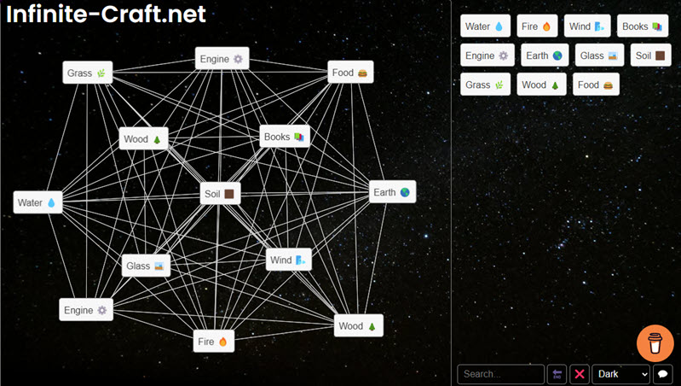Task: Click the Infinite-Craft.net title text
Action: tap(106, 14)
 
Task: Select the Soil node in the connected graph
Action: tap(220, 194)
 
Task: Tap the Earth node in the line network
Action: tap(392, 192)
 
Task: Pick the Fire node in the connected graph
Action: tap(214, 342)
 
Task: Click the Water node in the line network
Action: tap(38, 202)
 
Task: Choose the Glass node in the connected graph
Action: tap(146, 266)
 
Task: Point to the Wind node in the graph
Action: tap(288, 260)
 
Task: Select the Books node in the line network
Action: tap(285, 137)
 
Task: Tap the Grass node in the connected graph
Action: tap(87, 73)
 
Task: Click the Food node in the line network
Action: tap(350, 73)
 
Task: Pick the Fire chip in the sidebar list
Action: tap(537, 26)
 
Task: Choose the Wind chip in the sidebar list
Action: tap(587, 26)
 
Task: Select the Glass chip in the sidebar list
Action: tap(599, 56)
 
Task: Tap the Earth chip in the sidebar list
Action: tap(545, 56)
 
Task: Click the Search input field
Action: tap(501, 374)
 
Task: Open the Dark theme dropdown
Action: tap(621, 374)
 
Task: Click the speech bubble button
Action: tap(663, 374)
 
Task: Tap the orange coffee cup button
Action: tap(655, 343)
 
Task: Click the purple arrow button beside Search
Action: tap(557, 374)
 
